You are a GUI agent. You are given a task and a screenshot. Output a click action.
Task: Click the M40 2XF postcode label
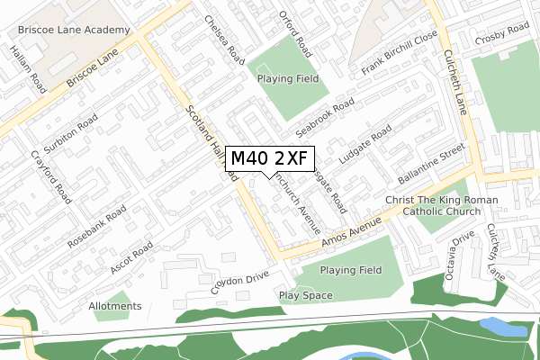click(269, 158)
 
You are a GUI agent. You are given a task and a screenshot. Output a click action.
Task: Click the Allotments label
click(115, 306)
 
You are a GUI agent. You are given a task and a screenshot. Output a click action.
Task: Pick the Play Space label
click(305, 295)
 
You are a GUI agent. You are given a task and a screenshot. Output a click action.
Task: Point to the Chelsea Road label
click(225, 39)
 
